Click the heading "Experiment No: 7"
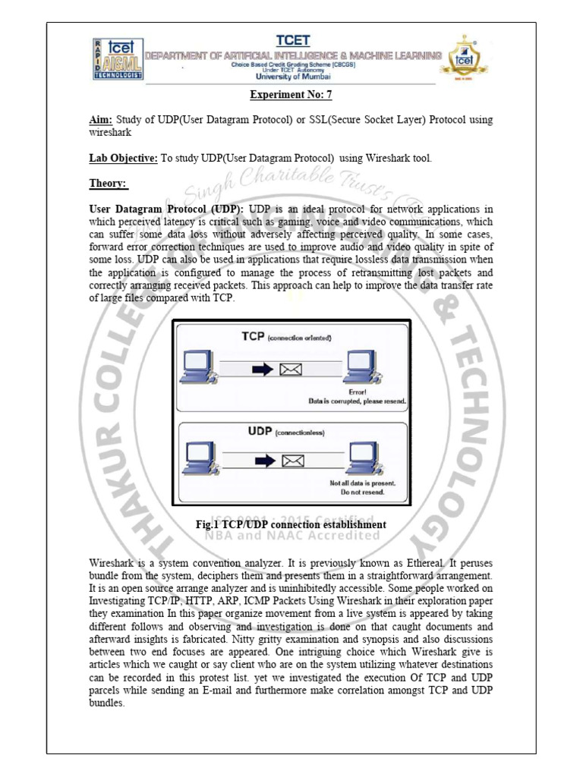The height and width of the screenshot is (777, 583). click(x=291, y=95)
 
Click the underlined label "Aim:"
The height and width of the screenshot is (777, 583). click(x=100, y=121)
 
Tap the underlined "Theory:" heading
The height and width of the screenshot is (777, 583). click(x=109, y=184)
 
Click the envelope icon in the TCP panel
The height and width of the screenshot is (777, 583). click(x=291, y=370)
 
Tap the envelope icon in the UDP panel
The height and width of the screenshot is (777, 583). click(x=292, y=461)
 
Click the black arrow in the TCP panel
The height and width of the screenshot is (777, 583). click(x=262, y=370)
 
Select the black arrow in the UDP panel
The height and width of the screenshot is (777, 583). click(x=263, y=461)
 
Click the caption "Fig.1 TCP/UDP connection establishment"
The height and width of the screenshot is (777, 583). click(x=291, y=525)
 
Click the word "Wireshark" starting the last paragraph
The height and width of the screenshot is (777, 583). click(x=113, y=565)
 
